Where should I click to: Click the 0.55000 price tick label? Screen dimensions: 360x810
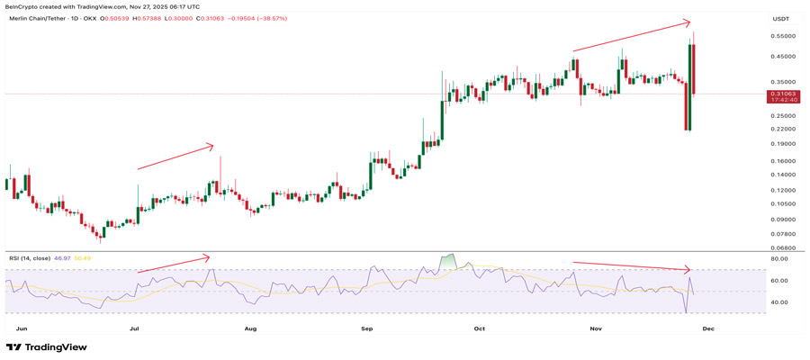(x=782, y=36)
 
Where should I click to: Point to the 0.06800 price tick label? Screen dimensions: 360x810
(x=782, y=247)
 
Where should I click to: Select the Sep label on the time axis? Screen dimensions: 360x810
(x=367, y=329)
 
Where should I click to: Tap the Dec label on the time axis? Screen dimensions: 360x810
(x=708, y=329)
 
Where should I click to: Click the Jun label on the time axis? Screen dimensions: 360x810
(x=22, y=329)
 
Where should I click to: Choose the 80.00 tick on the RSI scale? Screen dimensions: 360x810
(x=779, y=259)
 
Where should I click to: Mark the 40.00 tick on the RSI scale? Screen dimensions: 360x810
(x=779, y=302)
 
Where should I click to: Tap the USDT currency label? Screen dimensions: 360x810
(x=780, y=18)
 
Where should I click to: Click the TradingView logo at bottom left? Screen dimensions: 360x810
(x=47, y=347)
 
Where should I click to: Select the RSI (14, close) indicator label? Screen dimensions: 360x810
(x=30, y=258)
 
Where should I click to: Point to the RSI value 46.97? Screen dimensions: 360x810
(x=62, y=258)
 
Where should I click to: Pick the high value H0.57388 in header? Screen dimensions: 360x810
(x=148, y=18)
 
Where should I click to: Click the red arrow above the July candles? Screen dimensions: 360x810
(x=175, y=157)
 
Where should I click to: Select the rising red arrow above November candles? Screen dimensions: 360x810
(x=632, y=36)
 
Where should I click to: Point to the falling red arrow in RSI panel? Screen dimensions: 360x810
(x=632, y=266)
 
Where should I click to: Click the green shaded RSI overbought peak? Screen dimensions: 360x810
(x=448, y=262)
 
